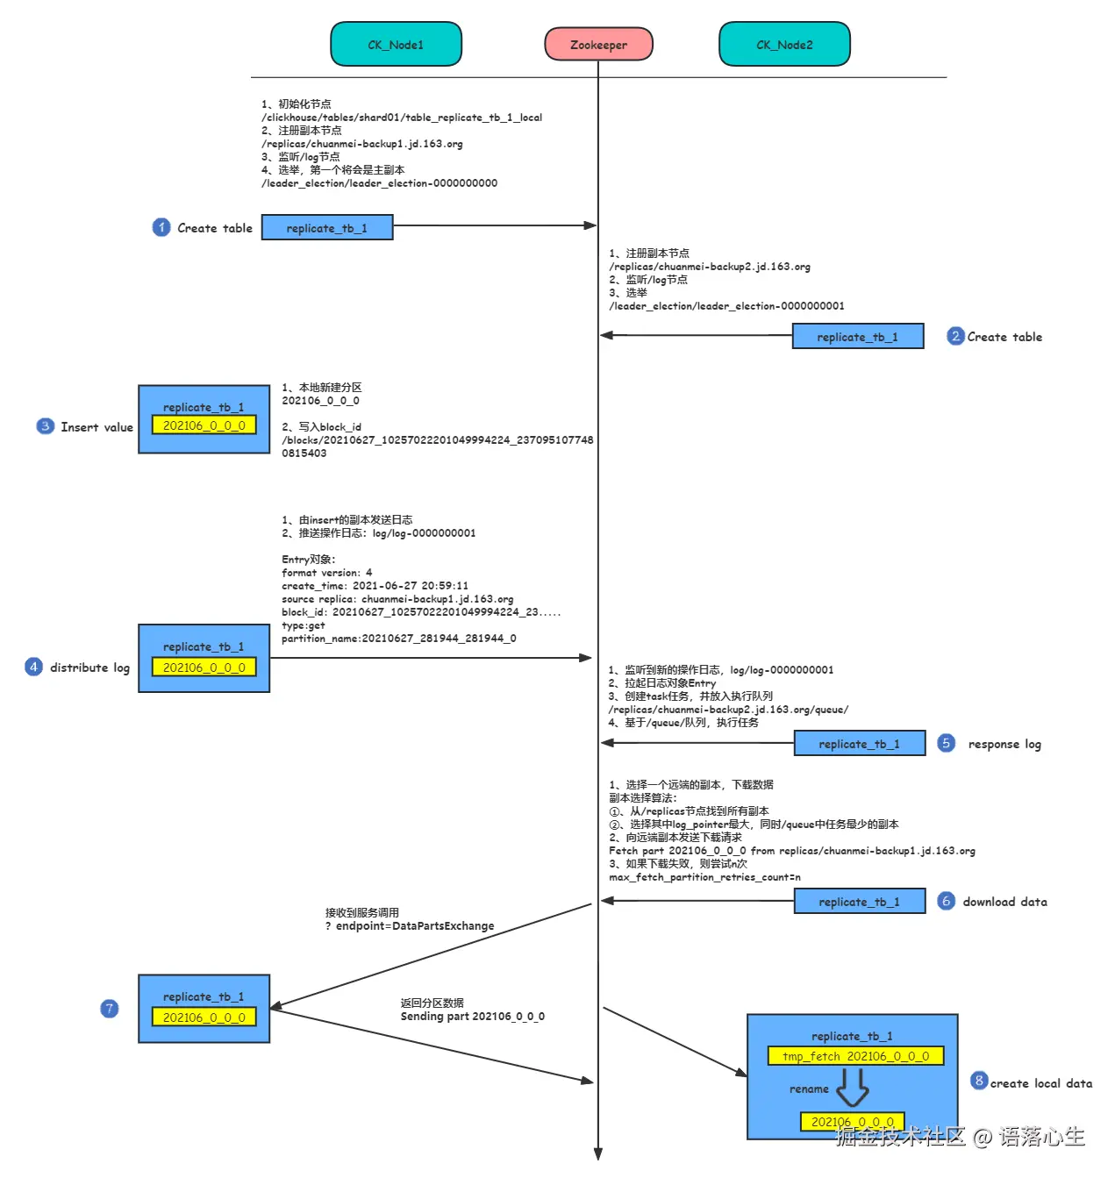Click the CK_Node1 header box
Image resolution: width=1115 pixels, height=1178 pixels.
pos(396,45)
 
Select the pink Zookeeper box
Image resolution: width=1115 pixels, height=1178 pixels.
pos(598,45)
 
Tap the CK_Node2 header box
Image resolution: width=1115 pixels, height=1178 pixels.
pos(784,45)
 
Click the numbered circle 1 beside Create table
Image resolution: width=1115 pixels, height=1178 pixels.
pos(161,227)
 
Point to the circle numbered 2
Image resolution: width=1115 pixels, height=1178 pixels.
pos(955,336)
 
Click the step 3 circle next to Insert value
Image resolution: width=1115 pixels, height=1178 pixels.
pos(45,426)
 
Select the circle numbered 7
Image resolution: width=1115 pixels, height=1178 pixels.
pos(109,1009)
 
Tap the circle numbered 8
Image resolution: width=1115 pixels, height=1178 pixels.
pos(979,1081)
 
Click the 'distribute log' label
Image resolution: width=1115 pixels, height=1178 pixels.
pos(89,668)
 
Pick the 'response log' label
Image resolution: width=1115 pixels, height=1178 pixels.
pos(1004,744)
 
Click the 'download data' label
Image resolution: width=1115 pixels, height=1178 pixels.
pos(1004,902)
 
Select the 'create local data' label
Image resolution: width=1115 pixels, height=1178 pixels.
pos(1041,1083)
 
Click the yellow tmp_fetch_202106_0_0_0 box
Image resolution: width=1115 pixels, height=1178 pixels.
pos(855,1056)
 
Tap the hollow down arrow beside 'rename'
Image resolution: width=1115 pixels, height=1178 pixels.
pos(852,1089)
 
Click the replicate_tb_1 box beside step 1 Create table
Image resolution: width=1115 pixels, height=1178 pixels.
pos(327,228)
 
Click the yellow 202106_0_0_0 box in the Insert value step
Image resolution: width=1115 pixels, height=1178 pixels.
pos(204,425)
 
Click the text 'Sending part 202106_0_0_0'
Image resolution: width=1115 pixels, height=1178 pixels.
pos(472,1017)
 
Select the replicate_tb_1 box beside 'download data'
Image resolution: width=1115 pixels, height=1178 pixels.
pos(859,902)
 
